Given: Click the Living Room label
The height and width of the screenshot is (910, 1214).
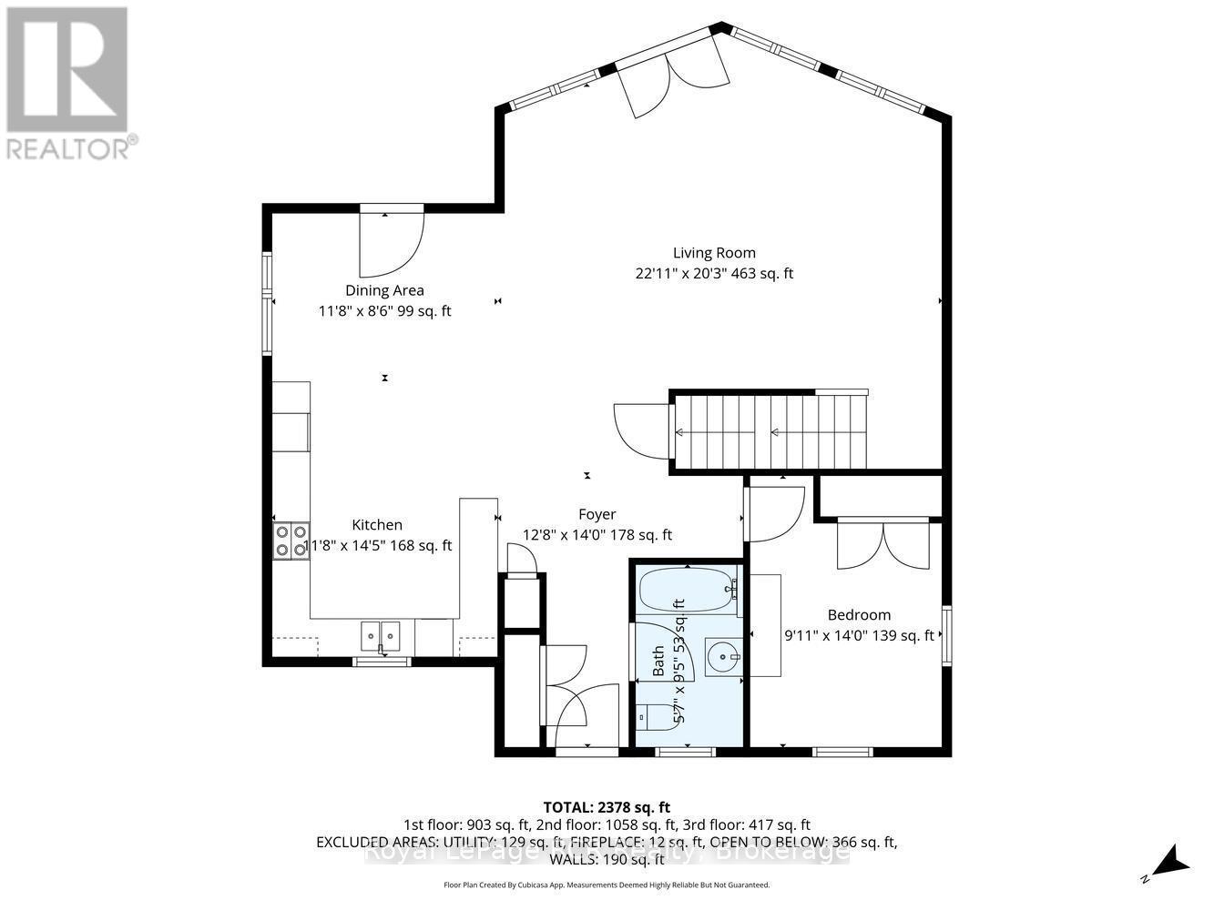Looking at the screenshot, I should [714, 253].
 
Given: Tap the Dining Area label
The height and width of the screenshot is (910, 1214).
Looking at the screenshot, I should [384, 290].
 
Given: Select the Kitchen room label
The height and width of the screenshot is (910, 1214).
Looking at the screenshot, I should [377, 525].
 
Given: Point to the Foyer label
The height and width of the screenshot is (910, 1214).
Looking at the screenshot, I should [597, 514].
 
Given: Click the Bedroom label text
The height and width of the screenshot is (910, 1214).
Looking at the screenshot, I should [859, 615].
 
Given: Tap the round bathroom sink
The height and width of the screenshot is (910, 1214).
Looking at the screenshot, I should [724, 655].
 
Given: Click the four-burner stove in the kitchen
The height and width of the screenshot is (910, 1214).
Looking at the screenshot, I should [291, 541].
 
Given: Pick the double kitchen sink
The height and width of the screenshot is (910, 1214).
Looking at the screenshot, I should [381, 634].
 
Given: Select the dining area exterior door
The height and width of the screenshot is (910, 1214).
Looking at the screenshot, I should [392, 242].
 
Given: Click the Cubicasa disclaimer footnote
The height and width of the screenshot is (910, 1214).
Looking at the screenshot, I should [606, 885].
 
